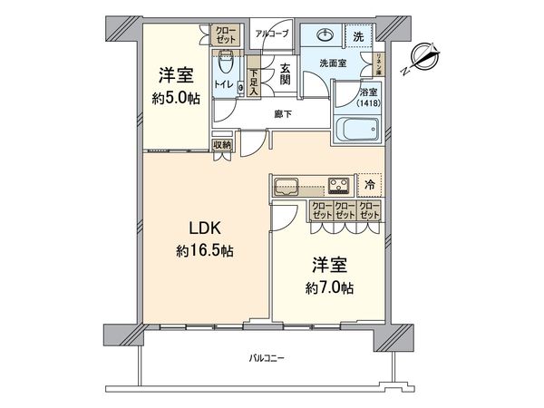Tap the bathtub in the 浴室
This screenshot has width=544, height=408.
pos(358,130)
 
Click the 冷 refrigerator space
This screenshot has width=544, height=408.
pos(370,184)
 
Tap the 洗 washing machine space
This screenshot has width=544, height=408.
pos(359,36)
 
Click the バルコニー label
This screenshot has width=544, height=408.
pos(267,359)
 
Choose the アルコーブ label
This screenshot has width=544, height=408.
pos(271,33)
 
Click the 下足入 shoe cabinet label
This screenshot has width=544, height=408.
pos(255,83)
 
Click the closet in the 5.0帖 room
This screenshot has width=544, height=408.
pos(224,35)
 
